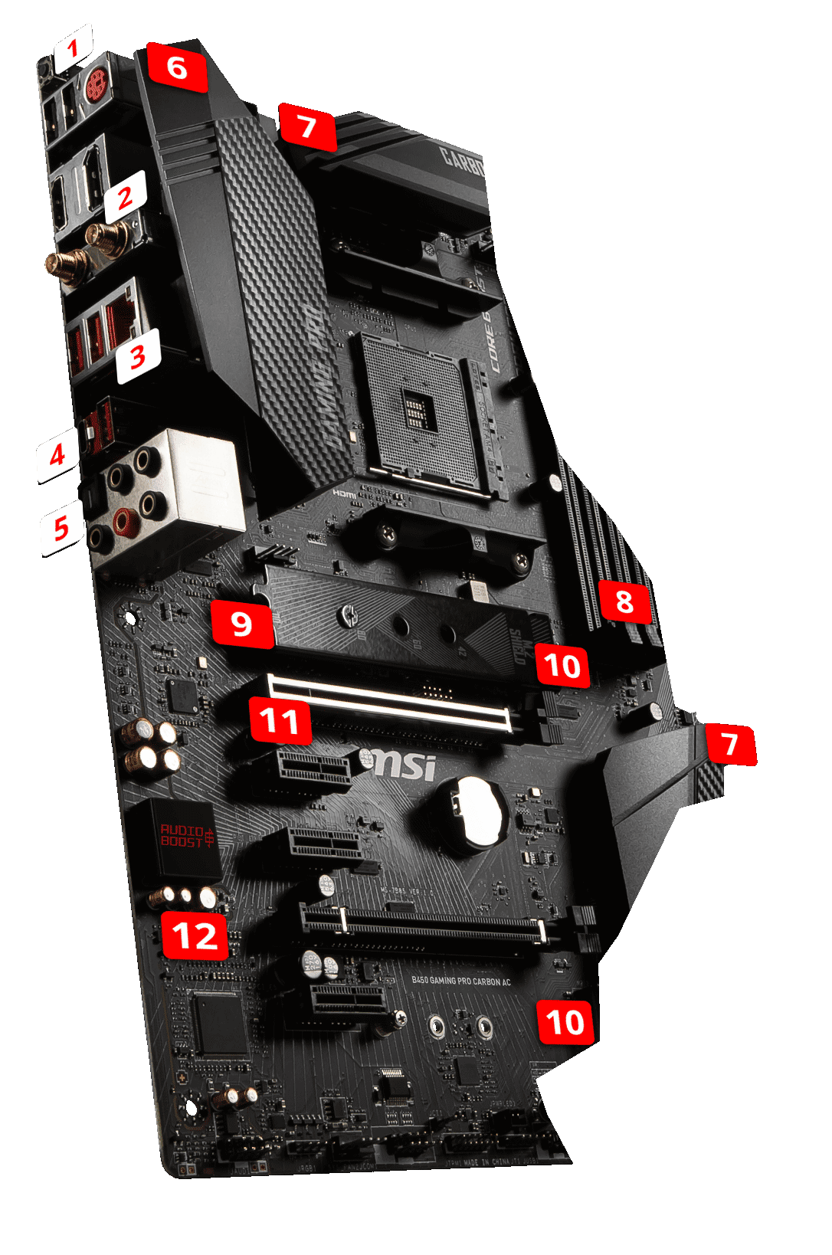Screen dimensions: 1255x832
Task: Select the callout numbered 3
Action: [139, 356]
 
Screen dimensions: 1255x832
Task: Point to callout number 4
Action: [57, 456]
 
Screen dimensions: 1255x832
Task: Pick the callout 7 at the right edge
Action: [730, 744]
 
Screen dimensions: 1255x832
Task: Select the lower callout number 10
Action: [565, 1023]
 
